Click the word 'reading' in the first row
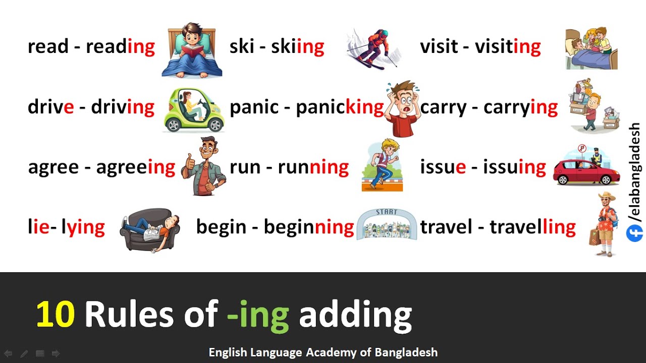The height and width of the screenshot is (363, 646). point(120,47)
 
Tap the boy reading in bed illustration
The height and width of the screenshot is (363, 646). point(191,50)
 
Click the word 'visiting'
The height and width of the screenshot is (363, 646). point(508,47)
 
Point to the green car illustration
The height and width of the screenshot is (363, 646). point(193,109)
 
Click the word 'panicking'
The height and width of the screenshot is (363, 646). point(340,107)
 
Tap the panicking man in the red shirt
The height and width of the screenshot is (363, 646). point(403,108)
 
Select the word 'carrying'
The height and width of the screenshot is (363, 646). point(520,107)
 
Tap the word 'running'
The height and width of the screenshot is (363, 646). point(313,167)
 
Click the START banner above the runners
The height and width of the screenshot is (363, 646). point(387,212)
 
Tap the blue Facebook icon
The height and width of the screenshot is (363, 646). point(634,233)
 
